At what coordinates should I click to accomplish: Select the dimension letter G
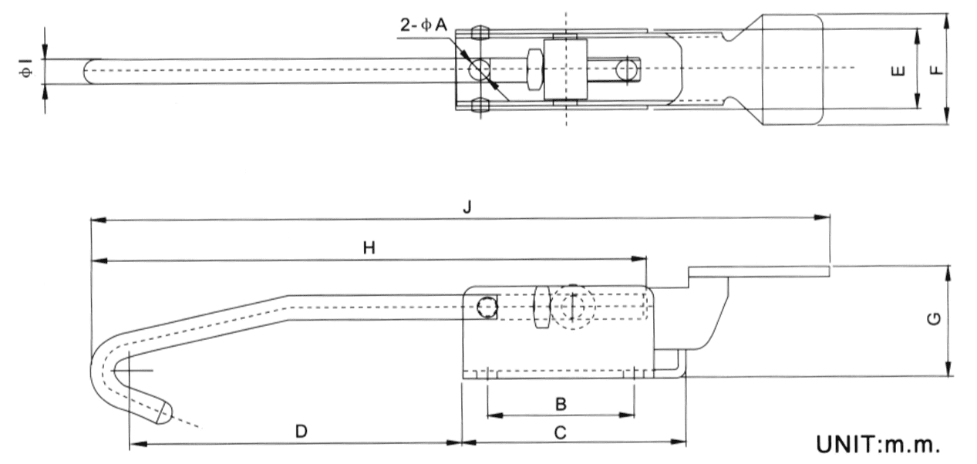click(932, 320)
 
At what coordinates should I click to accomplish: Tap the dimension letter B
click(561, 402)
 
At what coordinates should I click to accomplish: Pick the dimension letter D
click(302, 432)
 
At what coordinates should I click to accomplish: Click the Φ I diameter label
click(26, 71)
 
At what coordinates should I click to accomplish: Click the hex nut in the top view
click(533, 68)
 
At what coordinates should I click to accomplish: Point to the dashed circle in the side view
click(574, 305)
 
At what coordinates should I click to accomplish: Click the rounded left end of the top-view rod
click(89, 71)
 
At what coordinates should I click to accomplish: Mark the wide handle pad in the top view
click(792, 69)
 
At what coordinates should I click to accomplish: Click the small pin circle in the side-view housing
click(486, 308)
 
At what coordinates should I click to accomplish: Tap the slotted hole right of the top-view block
click(627, 68)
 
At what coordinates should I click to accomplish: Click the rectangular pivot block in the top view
click(566, 69)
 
